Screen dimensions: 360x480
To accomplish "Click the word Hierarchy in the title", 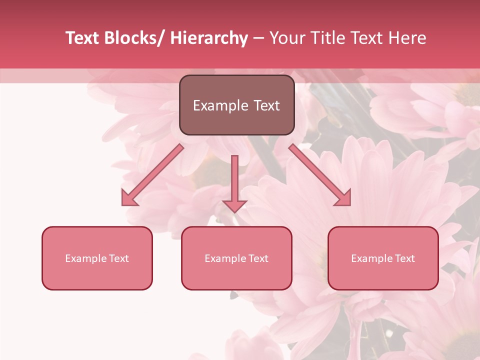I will [209, 38].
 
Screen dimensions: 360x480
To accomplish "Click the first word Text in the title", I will [83, 38].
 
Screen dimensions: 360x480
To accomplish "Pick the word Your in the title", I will [286, 38].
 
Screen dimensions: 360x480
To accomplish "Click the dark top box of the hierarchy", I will [236, 105].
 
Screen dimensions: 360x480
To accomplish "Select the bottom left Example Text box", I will [97, 258].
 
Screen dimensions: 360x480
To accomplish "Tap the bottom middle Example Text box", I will [236, 258].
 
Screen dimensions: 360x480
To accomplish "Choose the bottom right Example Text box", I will [383, 258].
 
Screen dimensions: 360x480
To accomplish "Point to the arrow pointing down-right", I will [320, 175].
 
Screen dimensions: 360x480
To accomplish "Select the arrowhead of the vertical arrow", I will [234, 205].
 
